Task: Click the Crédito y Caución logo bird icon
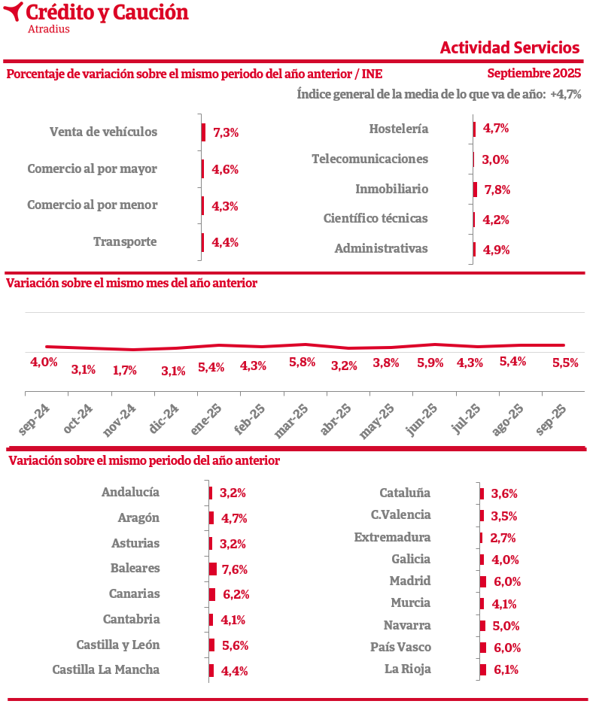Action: pyautogui.click(x=13, y=12)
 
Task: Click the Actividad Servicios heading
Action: pyautogui.click(x=509, y=47)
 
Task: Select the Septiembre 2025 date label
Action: pyautogui.click(x=534, y=73)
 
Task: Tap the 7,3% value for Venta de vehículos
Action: pyautogui.click(x=226, y=132)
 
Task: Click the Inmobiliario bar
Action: pyautogui.click(x=475, y=190)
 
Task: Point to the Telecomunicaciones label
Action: pyautogui.click(x=369, y=159)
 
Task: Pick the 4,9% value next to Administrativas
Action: pyautogui.click(x=497, y=250)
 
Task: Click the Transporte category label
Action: pyautogui.click(x=125, y=241)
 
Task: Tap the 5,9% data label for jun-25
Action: pyautogui.click(x=430, y=363)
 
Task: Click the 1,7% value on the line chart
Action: pyautogui.click(x=125, y=370)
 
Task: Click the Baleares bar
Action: pyautogui.click(x=213, y=569)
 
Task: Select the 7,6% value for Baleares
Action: pyautogui.click(x=234, y=569)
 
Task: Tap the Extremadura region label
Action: pyautogui.click(x=392, y=537)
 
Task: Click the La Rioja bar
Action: pyautogui.click(x=482, y=669)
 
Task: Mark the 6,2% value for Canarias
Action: pyautogui.click(x=236, y=594)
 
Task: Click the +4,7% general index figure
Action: pyautogui.click(x=565, y=95)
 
